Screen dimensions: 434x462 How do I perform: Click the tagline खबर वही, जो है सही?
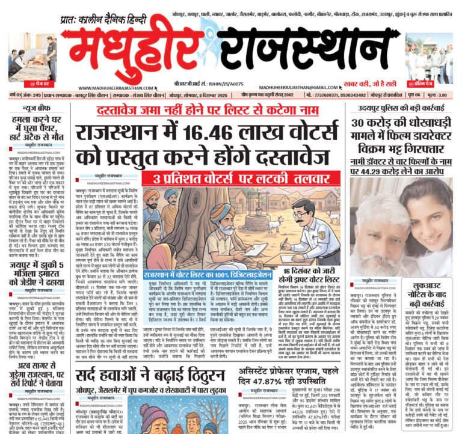pyautogui.click(x=377, y=83)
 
